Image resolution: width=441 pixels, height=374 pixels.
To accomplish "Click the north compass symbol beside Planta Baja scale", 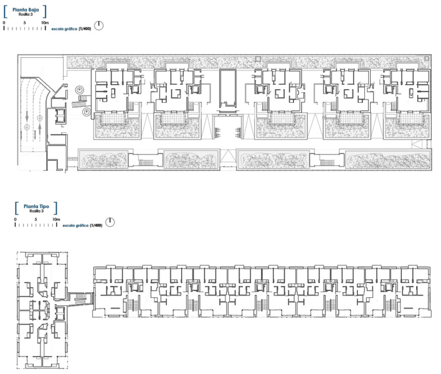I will [x=99, y=26].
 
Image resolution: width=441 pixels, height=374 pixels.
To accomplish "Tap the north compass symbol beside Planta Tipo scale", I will [x=110, y=223].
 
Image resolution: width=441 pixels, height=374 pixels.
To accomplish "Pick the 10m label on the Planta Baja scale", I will [x=45, y=22].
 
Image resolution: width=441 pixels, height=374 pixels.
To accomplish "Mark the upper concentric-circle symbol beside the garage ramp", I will [x=78, y=90].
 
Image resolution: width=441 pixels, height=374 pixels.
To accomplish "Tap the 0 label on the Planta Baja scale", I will [x=4, y=22].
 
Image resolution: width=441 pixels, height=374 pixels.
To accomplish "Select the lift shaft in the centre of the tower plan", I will [x=39, y=305].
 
